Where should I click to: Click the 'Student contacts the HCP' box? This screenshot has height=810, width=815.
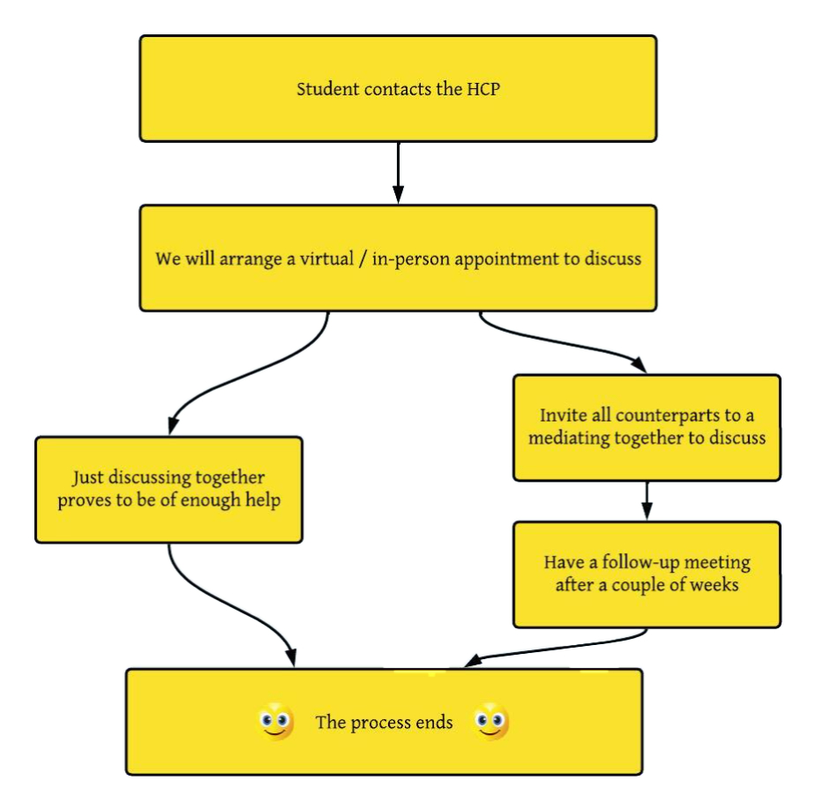[398, 88]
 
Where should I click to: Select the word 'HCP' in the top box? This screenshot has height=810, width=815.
[483, 89]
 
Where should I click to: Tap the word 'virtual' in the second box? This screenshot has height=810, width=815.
[327, 259]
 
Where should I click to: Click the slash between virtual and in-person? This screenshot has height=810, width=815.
[363, 259]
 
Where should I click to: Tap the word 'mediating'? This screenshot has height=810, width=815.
[569, 439]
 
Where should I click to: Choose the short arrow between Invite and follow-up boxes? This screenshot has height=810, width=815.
[647, 500]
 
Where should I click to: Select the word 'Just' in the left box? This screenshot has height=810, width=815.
[88, 477]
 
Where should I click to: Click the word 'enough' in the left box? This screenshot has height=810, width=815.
[211, 500]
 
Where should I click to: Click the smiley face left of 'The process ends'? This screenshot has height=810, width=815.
[275, 722]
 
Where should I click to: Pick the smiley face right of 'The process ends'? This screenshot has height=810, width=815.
[490, 722]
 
